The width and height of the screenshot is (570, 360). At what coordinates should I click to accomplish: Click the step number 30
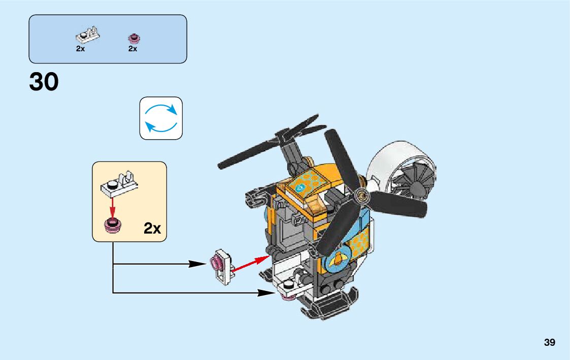tap(44, 82)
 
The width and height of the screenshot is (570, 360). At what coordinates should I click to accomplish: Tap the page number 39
tap(549, 343)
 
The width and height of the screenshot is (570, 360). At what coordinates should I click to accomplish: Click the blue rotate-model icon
tap(161, 118)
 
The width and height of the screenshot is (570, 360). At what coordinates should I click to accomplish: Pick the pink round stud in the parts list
tap(134, 38)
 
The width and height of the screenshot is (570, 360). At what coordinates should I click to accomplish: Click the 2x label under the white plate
tap(80, 49)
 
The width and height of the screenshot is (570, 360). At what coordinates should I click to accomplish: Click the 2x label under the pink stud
tap(133, 49)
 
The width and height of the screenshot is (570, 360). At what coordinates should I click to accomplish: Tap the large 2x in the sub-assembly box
tap(152, 228)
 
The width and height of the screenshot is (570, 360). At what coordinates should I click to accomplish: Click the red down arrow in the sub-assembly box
tap(113, 208)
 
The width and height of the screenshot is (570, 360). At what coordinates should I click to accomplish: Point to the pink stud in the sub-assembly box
tap(112, 225)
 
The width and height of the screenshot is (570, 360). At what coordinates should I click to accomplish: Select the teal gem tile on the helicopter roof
tap(302, 187)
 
